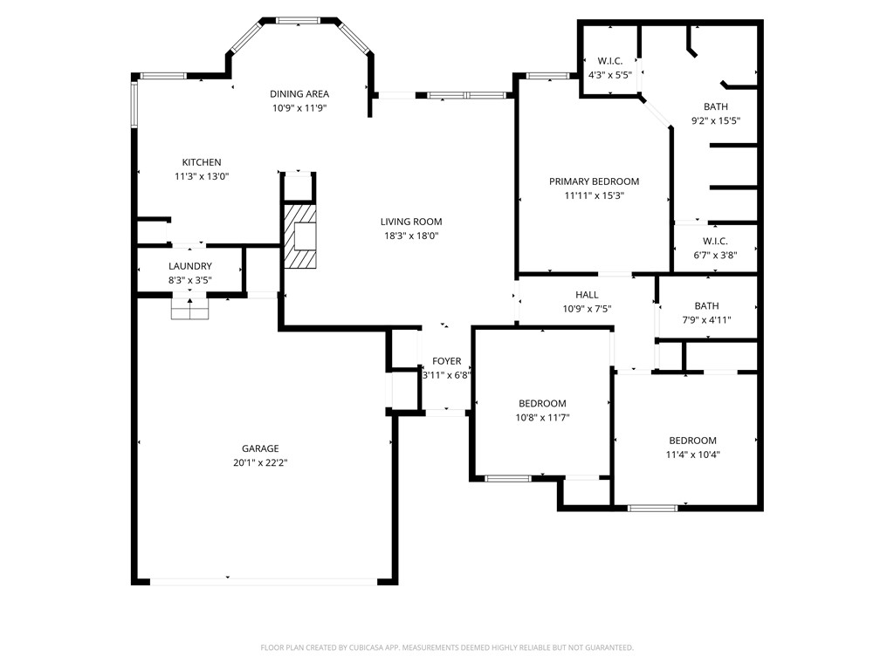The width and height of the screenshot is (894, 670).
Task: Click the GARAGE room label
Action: pos(260,448)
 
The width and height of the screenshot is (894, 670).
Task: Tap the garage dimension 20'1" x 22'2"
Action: pos(260,463)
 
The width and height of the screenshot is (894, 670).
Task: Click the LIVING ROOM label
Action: pos(410,222)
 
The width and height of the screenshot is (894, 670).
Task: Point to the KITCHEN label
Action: pos(201,162)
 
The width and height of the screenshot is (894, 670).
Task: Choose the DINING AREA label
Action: pos(299,94)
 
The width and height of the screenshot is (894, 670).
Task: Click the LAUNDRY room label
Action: pos(190,266)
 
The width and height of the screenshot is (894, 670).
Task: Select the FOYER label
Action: pos(446,361)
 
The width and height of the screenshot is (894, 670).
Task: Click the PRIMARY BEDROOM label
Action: pos(594,181)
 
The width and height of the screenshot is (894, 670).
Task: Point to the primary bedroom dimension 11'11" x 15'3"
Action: pos(594,196)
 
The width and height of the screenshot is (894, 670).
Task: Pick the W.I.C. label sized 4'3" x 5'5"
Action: pos(609,60)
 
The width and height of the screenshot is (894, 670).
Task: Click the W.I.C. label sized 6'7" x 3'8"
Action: pos(715,241)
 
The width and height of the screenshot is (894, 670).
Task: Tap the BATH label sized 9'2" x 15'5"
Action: pos(715,106)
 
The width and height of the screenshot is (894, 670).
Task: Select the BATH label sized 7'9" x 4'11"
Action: pos(706,305)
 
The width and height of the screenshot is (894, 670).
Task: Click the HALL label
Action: pos(587,295)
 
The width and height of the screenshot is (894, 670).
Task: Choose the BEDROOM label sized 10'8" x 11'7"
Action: pos(542,403)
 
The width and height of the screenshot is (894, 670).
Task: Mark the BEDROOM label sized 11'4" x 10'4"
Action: pos(692,441)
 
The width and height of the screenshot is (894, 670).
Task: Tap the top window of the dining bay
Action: pos(297,19)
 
